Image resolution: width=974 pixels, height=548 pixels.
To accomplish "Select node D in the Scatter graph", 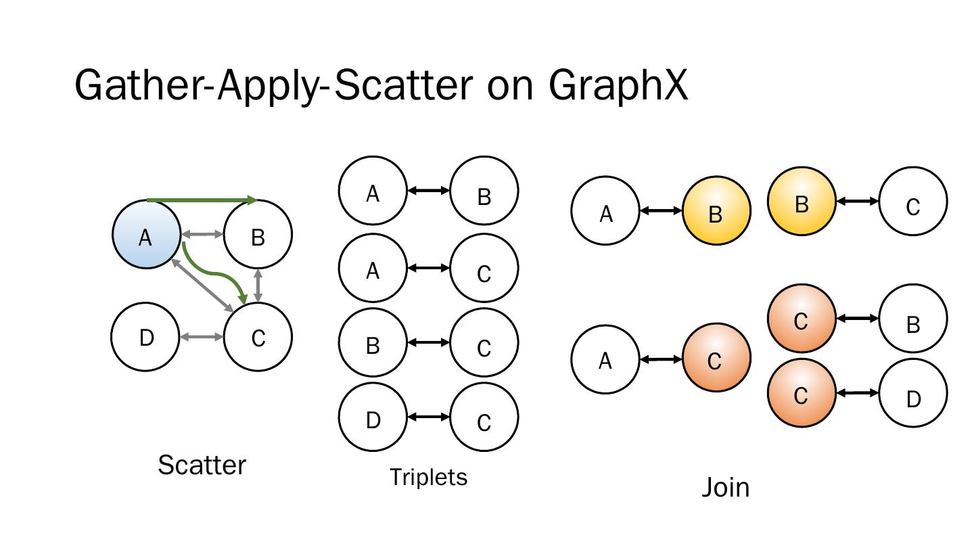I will pos(145,337).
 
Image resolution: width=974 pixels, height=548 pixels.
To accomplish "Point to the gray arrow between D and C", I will pos(202,337).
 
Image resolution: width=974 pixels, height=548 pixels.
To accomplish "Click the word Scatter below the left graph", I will pos(202,465).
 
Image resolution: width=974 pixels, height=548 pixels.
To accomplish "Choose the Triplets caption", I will pos(428,478).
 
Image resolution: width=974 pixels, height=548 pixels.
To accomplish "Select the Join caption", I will pos(725,487).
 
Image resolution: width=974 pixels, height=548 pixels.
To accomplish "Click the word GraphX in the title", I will pos(618,87).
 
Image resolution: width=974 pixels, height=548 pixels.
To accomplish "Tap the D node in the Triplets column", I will pos(373,419).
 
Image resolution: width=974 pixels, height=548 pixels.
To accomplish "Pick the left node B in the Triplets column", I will pos(373,344).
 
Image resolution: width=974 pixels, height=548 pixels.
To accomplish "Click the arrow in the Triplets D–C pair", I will pos(428,417).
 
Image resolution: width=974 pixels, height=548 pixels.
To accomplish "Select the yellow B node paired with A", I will pos(716,211).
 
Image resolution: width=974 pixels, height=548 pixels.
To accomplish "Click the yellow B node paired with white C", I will pos(802,202).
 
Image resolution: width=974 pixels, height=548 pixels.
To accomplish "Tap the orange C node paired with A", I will pos(716,359).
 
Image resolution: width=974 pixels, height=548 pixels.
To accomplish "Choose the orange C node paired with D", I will pos(802,393).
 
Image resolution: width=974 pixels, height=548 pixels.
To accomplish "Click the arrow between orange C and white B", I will pos(857,318).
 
